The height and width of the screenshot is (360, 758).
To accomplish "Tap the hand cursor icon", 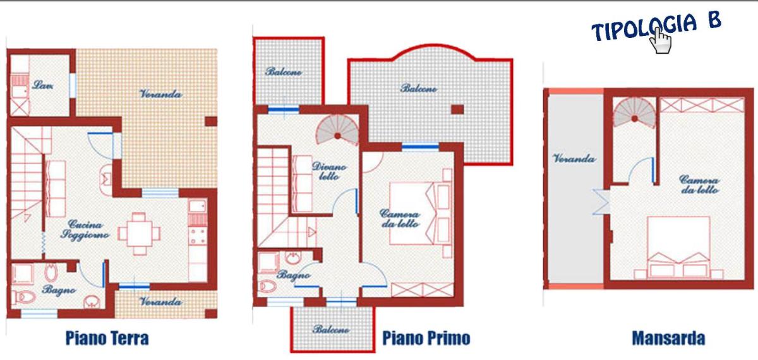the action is (x=661, y=40).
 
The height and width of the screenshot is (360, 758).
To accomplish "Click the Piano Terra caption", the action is (x=107, y=339).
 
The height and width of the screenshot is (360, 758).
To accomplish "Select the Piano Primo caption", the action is (x=426, y=339).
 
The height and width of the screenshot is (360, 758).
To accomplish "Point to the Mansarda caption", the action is (x=668, y=339).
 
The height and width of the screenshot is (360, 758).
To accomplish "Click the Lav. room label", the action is (x=43, y=85).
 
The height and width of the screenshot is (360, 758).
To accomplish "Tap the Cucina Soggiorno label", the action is (x=85, y=229).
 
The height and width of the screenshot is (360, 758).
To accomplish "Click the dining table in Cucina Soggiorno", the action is (x=139, y=234).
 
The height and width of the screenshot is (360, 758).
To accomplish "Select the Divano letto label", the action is (x=329, y=171).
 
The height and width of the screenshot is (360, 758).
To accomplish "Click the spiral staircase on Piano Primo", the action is (x=337, y=130).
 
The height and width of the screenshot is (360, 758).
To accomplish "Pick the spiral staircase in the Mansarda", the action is (x=634, y=112).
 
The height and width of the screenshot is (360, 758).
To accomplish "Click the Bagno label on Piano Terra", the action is (x=59, y=290).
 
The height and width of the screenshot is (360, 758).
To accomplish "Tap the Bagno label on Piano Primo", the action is (x=293, y=275).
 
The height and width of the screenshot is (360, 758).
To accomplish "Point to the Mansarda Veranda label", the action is (x=574, y=159).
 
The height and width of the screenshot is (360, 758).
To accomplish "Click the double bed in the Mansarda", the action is (x=678, y=248).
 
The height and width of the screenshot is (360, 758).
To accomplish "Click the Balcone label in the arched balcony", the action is (x=419, y=88).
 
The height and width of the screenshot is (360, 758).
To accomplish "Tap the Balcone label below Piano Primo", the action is (x=331, y=329).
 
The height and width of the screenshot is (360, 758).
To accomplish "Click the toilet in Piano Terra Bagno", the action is (x=25, y=297).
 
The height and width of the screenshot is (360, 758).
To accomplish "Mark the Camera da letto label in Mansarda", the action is (x=699, y=184).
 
